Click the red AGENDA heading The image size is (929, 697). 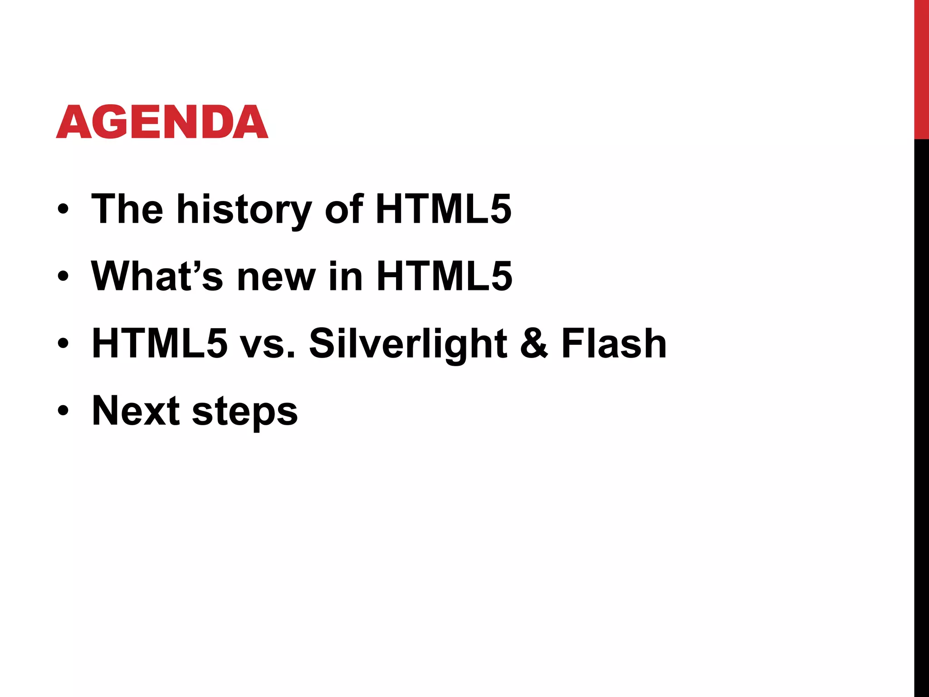(x=162, y=122)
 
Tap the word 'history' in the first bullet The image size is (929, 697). (x=244, y=210)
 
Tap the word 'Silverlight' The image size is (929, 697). (x=408, y=344)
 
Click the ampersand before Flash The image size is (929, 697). (x=534, y=344)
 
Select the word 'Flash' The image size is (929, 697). (x=614, y=344)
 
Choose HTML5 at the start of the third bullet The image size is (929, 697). (x=160, y=344)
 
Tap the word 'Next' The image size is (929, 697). (x=136, y=411)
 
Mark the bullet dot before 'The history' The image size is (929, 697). (x=63, y=209)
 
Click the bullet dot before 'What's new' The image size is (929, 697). (x=63, y=276)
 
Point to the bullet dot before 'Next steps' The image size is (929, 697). (x=63, y=411)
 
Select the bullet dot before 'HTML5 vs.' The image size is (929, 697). (x=63, y=344)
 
